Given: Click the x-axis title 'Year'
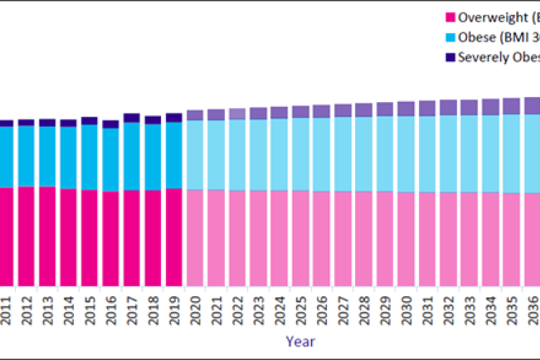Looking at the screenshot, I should [300, 342].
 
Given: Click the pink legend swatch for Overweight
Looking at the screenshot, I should [451, 18].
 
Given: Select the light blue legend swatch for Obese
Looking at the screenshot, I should [451, 37].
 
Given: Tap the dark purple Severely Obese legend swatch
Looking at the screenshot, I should [451, 57].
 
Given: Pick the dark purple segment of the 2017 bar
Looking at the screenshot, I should [131, 117].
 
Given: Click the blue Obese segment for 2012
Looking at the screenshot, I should [26, 155].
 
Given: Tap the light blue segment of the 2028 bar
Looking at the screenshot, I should [364, 153].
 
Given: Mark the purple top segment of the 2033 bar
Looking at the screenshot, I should [470, 107].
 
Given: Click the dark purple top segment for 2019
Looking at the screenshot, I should [174, 117].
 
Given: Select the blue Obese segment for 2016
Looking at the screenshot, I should [110, 160].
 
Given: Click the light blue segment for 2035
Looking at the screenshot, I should [512, 153].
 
